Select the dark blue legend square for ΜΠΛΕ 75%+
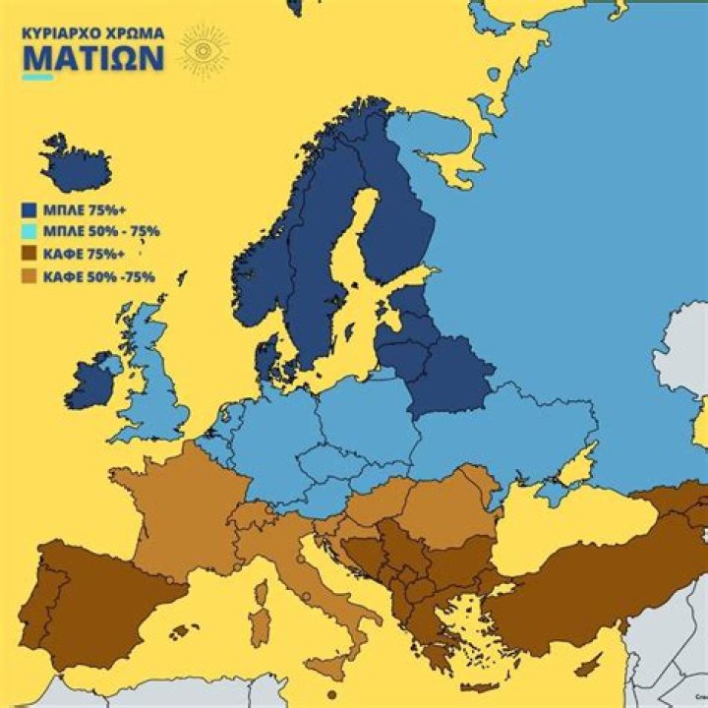pyautogui.click(x=29, y=209)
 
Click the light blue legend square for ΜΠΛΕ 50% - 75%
pyautogui.click(x=29, y=231)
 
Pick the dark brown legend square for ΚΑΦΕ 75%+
pyautogui.click(x=29, y=254)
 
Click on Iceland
pyautogui.click(x=75, y=167)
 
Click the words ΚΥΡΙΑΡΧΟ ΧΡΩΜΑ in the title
pyautogui.click(x=93, y=31)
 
